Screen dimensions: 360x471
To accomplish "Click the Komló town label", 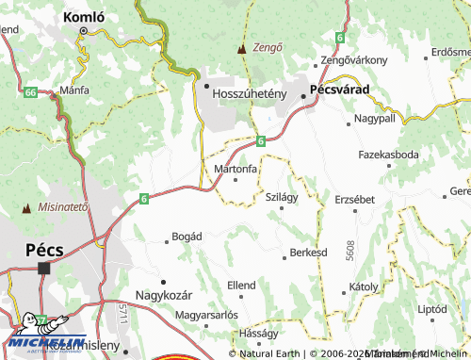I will coord(83,17).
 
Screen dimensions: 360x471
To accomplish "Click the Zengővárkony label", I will coord(354,60).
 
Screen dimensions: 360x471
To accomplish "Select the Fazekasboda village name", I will coord(388,153).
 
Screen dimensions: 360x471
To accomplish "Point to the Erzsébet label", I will coord(355,199).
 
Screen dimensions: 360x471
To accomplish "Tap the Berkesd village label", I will coord(308,254).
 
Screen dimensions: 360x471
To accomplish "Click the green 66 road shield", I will coord(31,92).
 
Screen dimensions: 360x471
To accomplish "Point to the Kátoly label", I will coord(364,285).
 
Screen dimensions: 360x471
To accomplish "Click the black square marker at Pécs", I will coord(44,268).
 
